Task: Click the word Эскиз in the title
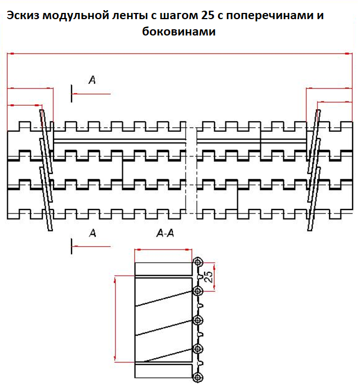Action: pos(23,15)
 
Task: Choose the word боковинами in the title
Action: pos(179,32)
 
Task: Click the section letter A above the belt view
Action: pos(92,79)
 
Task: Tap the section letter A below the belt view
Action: pos(92,233)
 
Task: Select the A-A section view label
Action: pos(165,233)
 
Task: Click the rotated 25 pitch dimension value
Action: pos(208,276)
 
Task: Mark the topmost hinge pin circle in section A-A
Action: pos(198,262)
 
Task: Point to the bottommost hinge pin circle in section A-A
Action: pos(198,378)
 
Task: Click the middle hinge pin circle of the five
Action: pos(198,320)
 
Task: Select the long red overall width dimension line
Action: pos(180,53)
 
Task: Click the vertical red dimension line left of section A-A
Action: pos(115,319)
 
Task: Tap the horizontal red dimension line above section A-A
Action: pos(163,249)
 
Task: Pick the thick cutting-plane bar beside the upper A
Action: pos(72,93)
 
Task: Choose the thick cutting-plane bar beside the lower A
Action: pos(72,246)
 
